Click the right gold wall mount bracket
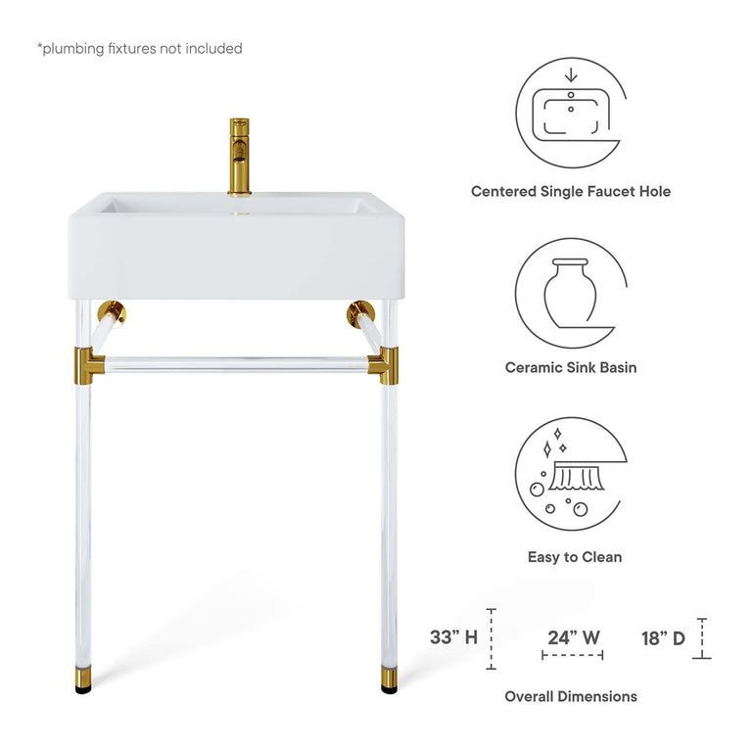click(359, 314)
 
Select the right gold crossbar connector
click(383, 367)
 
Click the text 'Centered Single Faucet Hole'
click(571, 192)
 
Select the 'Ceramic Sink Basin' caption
click(571, 368)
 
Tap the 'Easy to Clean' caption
click(575, 557)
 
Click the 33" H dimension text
click(453, 637)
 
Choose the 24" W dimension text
click(574, 637)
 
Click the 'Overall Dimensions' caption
click(571, 696)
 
